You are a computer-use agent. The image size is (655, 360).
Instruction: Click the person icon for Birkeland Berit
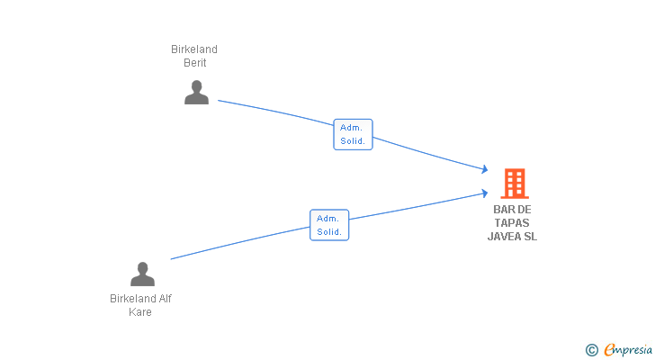click(x=196, y=93)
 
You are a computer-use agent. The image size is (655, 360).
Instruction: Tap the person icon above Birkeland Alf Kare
click(x=142, y=274)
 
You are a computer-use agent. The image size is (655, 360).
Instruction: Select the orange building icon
click(x=514, y=184)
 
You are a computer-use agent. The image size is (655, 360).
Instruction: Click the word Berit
click(x=195, y=63)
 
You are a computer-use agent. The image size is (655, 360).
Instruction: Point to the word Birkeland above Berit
click(x=194, y=49)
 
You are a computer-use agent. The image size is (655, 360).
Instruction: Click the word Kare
click(x=139, y=312)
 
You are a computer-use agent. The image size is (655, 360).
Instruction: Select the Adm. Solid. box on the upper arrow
click(x=353, y=134)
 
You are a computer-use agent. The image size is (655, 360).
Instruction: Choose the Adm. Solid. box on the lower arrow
click(x=329, y=225)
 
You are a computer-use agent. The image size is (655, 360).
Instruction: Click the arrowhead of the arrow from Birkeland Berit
click(x=484, y=169)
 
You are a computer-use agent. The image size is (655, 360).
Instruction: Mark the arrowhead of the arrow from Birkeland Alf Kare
click(x=484, y=193)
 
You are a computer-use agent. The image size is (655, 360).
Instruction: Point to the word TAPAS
click(x=512, y=223)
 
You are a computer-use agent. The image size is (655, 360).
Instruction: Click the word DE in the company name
click(x=525, y=210)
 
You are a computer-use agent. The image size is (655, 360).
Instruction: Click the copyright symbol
click(x=591, y=350)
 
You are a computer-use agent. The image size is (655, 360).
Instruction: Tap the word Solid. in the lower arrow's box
click(x=329, y=232)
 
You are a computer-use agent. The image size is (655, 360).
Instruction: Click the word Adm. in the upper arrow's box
click(x=351, y=128)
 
